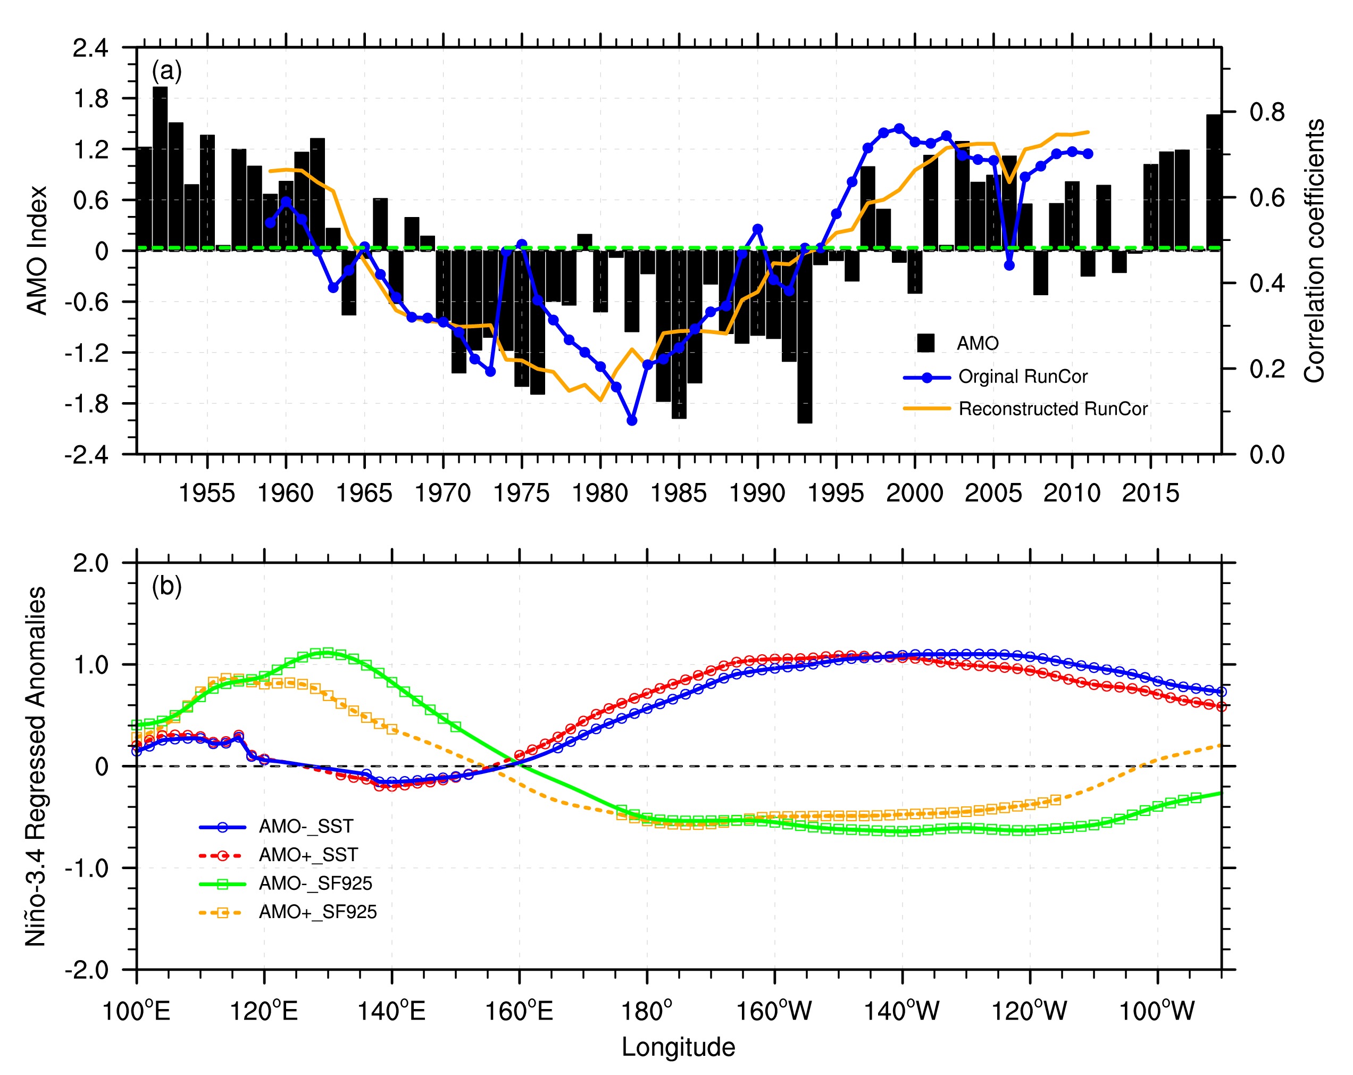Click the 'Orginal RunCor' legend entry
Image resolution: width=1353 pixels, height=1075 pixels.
(x=1023, y=377)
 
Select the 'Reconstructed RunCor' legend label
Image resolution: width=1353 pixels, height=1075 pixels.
(x=1053, y=410)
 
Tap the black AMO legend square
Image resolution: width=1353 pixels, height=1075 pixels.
(x=925, y=343)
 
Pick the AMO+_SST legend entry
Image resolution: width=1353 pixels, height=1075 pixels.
(x=308, y=855)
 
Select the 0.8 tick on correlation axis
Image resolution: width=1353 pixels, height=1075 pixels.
(x=1267, y=112)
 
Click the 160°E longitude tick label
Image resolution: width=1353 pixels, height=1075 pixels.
(x=520, y=1012)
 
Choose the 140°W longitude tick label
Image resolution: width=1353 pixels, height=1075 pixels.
(x=902, y=1012)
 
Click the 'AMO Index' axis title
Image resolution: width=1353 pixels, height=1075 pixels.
(x=38, y=250)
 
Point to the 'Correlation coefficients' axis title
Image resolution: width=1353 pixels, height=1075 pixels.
(x=1314, y=250)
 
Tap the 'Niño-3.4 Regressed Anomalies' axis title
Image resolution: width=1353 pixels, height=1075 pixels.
(x=36, y=765)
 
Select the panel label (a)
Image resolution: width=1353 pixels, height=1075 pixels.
(x=166, y=71)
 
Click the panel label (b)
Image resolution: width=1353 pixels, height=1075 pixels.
(x=166, y=587)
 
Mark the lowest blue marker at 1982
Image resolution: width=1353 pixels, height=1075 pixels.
(x=632, y=420)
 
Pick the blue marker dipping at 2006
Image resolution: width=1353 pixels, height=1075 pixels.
(x=1009, y=265)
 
